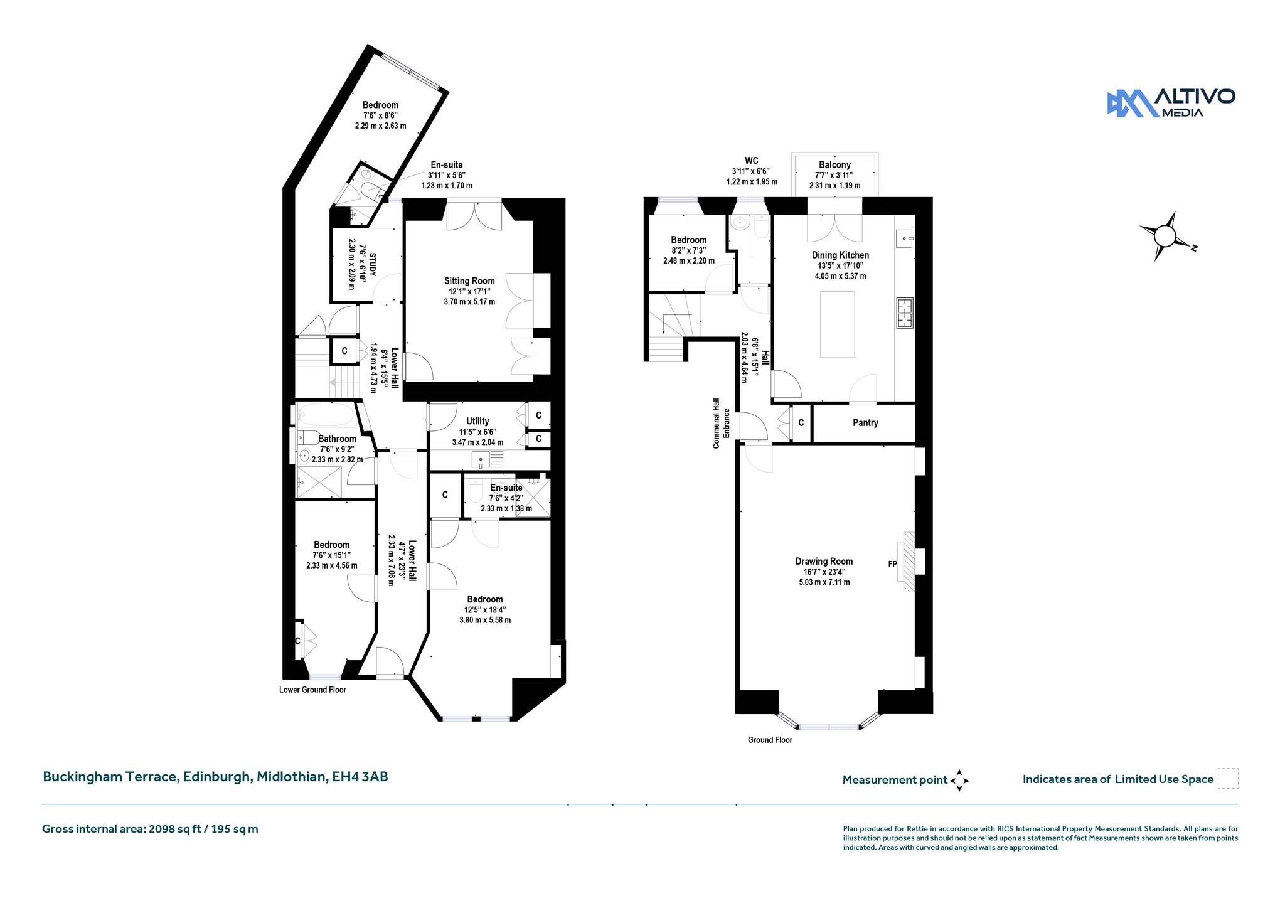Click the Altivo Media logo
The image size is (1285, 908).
click(x=1171, y=103)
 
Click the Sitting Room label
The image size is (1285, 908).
click(x=469, y=281)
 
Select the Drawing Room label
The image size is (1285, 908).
click(x=824, y=562)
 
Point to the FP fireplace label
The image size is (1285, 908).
click(x=892, y=564)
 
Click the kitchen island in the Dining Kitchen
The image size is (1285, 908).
click(x=838, y=324)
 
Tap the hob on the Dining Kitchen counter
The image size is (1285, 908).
click(x=905, y=312)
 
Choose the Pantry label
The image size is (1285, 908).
click(x=865, y=423)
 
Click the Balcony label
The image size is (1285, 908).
click(x=834, y=165)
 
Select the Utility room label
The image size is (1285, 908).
click(x=477, y=421)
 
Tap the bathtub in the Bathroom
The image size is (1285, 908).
click(x=325, y=415)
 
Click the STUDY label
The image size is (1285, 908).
click(x=373, y=264)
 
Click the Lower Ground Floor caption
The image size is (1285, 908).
click(x=312, y=690)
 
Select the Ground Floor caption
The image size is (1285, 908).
click(x=770, y=740)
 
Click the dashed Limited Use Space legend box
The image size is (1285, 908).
click(x=1228, y=778)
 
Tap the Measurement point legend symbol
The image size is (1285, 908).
click(x=959, y=781)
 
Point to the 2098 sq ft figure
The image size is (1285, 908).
click(x=174, y=829)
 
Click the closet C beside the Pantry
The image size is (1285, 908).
click(x=801, y=423)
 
